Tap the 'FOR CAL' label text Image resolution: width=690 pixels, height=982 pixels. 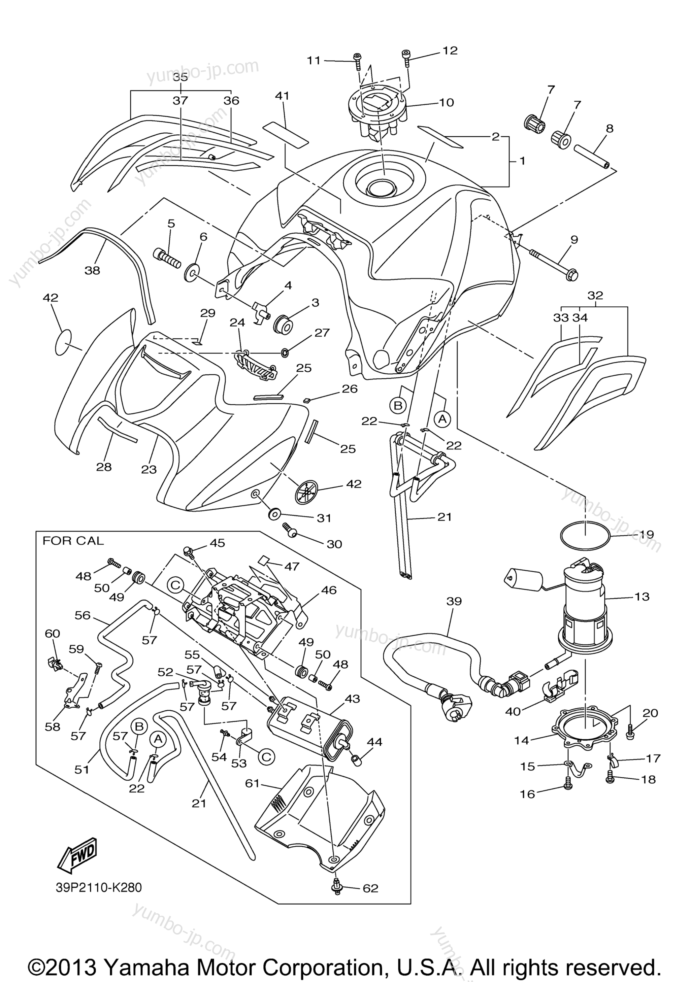tap(73, 541)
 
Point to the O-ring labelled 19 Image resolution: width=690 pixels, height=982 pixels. tap(585, 536)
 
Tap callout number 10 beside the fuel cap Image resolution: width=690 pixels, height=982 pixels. tap(446, 102)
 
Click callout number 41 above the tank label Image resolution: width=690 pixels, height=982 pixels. tap(282, 96)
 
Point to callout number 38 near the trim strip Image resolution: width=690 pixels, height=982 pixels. tap(92, 270)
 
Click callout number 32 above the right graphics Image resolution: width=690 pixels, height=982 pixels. tap(595, 295)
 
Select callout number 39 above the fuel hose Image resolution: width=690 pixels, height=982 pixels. tap(454, 601)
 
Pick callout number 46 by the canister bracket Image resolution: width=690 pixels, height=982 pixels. tap(329, 590)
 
